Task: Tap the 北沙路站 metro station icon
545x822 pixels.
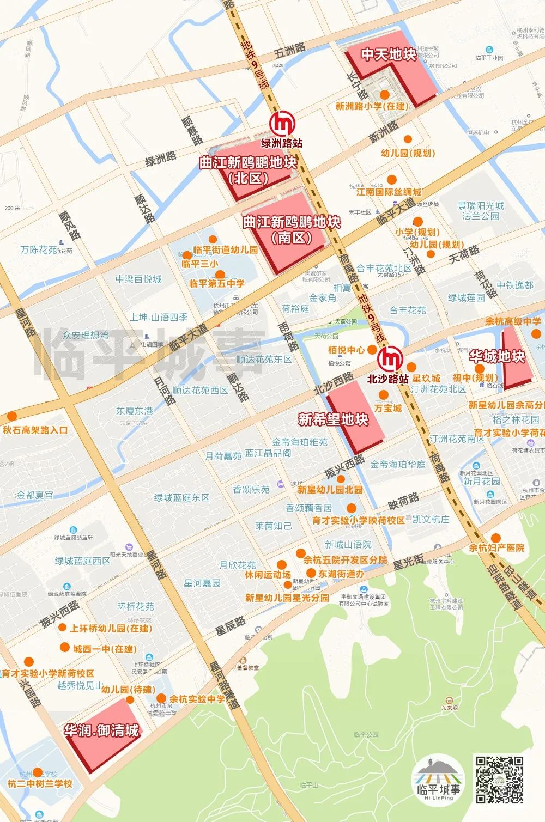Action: click(390, 359)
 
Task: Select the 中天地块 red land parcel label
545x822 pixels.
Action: click(389, 54)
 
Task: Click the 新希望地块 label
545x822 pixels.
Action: click(334, 419)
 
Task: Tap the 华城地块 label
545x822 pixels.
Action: click(497, 357)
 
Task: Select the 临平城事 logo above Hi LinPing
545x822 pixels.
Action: click(438, 775)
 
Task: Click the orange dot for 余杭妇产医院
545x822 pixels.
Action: click(495, 537)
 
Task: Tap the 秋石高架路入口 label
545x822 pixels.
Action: click(36, 430)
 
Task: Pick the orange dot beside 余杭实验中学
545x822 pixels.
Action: click(161, 698)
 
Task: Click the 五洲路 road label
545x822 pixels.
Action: click(289, 52)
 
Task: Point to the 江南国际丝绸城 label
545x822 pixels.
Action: click(389, 192)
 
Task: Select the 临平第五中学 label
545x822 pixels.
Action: click(217, 283)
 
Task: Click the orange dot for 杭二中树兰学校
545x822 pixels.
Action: click(37, 772)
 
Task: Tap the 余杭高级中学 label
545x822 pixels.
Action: click(513, 321)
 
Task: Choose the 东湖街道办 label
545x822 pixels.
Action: click(341, 574)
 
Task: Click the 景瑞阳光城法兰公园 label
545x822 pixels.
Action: click(481, 211)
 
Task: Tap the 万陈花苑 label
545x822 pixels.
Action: click(39, 249)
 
